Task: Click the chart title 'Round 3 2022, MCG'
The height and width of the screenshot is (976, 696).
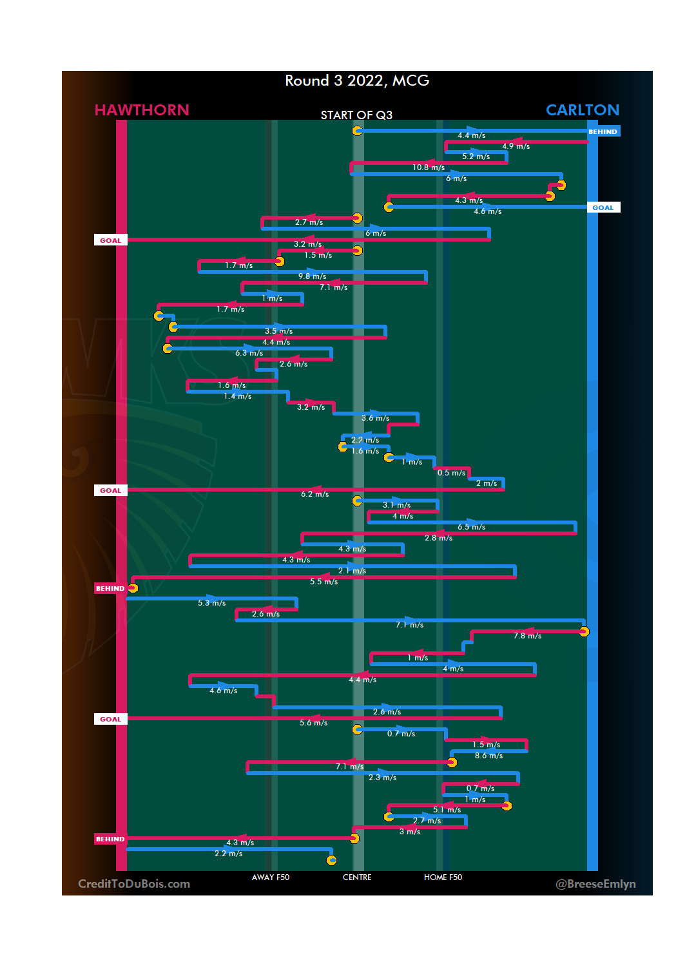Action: click(x=357, y=81)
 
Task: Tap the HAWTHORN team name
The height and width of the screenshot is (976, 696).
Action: click(x=142, y=110)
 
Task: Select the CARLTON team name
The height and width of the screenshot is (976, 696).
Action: click(x=582, y=110)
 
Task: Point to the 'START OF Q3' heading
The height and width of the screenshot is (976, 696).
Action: click(x=356, y=115)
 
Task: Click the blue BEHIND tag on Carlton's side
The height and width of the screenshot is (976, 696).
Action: click(x=603, y=131)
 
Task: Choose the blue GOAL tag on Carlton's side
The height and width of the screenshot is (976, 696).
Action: click(x=603, y=207)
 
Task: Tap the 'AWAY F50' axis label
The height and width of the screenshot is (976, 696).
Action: click(x=271, y=877)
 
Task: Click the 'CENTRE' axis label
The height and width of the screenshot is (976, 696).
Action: click(x=357, y=877)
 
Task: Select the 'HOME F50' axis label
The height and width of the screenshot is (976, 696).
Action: click(x=443, y=877)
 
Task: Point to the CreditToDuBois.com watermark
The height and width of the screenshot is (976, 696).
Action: click(x=134, y=884)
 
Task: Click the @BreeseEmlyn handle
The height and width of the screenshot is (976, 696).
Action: click(x=595, y=884)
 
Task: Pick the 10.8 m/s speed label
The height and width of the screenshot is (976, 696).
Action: click(x=429, y=167)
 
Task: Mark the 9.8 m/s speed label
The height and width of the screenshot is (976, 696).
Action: click(x=312, y=276)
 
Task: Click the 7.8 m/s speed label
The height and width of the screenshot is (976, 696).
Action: click(x=527, y=636)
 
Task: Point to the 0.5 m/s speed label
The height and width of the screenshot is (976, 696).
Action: click(x=451, y=473)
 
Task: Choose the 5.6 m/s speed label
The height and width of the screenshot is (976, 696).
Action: click(x=313, y=723)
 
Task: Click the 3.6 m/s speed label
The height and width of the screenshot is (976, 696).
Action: click(x=375, y=418)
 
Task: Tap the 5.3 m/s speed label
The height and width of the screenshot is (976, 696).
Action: click(x=211, y=603)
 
